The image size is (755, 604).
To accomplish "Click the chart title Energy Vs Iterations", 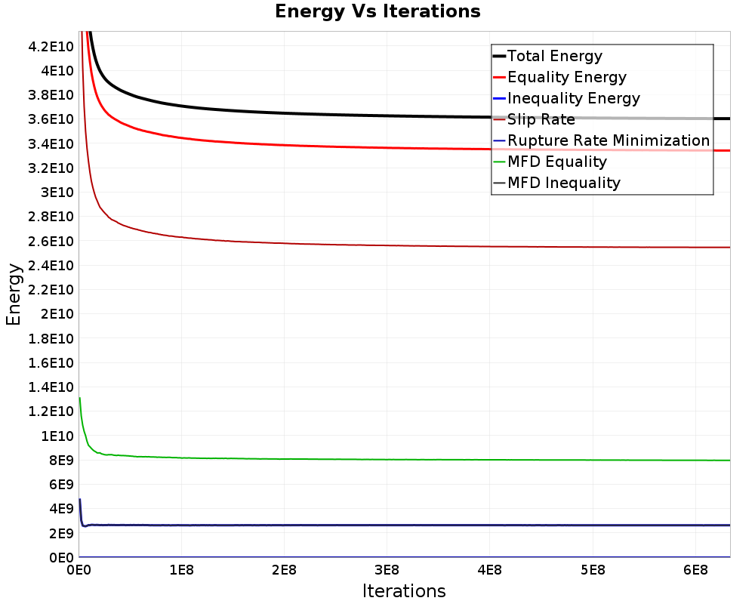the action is point(377,11).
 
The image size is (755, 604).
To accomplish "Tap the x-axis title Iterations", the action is point(404,590).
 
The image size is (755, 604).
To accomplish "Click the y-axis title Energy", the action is point(14,294).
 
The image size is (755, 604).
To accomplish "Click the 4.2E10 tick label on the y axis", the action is point(51,47).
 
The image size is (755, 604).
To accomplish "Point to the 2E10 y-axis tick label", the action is point(57,314).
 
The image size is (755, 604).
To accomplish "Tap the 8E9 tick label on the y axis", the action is point(61,460).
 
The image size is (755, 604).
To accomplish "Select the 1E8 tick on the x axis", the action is point(181,570).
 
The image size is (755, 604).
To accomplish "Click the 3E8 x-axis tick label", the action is point(387,570).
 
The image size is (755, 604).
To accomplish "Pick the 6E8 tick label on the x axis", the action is point(696,570).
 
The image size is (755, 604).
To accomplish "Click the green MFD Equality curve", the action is point(405,460).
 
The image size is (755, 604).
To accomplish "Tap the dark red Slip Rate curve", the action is point(405,245).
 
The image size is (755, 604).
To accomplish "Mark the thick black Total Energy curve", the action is point(405,116).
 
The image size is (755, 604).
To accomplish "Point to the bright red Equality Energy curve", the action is point(405,148).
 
